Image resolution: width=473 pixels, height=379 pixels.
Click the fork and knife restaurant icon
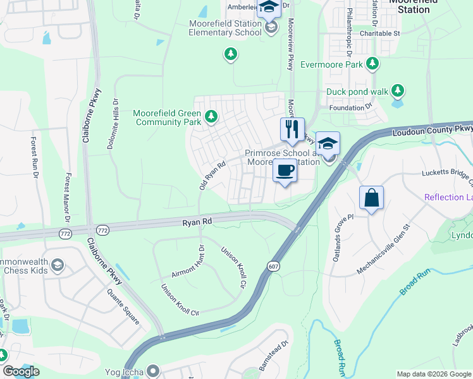click(292, 129)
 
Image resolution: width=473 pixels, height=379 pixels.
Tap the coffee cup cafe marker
click(285, 171)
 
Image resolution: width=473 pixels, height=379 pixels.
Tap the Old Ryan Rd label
click(212, 175)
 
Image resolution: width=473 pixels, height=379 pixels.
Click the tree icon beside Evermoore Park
click(372, 64)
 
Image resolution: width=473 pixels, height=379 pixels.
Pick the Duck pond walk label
click(357, 92)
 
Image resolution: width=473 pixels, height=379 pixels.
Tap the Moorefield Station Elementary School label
click(225, 28)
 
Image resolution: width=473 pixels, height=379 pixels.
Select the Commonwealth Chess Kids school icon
click(58, 265)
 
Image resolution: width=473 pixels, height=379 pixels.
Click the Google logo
click(21, 371)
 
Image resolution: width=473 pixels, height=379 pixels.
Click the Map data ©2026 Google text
click(433, 374)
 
